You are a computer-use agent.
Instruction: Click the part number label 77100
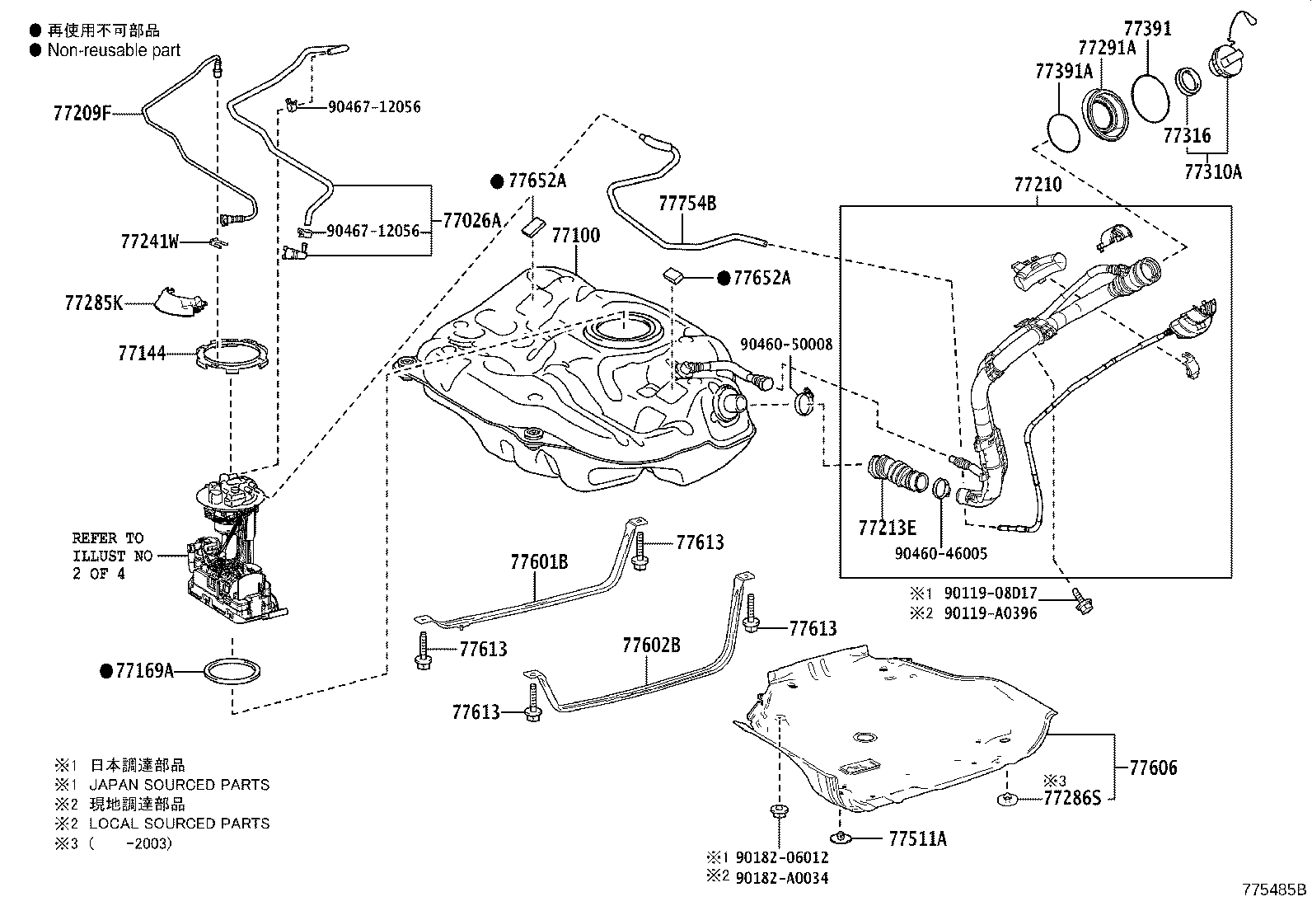click(x=576, y=236)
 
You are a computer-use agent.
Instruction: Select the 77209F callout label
click(x=82, y=112)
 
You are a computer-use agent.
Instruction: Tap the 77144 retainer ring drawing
click(x=232, y=354)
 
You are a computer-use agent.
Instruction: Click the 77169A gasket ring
click(x=232, y=671)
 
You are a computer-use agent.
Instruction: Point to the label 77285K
click(x=94, y=303)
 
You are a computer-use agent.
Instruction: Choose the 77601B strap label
click(x=539, y=562)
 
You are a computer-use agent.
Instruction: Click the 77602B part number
click(x=651, y=645)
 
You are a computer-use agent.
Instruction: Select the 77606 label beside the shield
click(x=1153, y=768)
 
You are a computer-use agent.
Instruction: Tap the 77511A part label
click(x=918, y=838)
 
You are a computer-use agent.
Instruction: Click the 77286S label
click(x=1072, y=797)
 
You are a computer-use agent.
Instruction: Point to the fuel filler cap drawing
click(x=1227, y=58)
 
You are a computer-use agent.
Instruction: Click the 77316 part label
click(x=1187, y=135)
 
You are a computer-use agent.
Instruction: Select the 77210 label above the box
click(x=1038, y=185)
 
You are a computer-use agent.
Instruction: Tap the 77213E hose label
click(x=887, y=528)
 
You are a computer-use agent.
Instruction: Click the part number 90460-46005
click(x=940, y=553)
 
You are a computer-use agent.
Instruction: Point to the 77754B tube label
click(x=687, y=204)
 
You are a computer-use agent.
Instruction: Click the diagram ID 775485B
click(x=1275, y=889)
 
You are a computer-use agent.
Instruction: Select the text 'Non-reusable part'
click(x=114, y=50)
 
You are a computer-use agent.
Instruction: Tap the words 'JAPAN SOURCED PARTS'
click(x=179, y=784)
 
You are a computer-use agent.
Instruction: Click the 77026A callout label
click(x=471, y=220)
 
